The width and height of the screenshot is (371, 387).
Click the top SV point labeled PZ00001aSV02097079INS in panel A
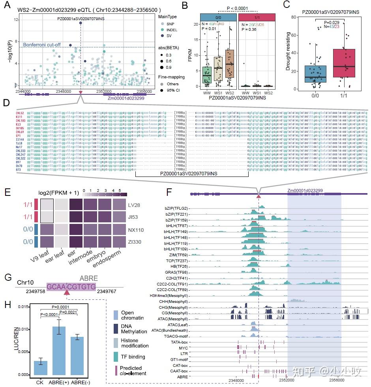coord(81,23)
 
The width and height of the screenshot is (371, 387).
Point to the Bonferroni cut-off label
coord(42,45)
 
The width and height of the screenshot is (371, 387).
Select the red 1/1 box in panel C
coord(344,63)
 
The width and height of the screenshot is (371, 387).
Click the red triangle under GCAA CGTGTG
coord(67,292)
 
